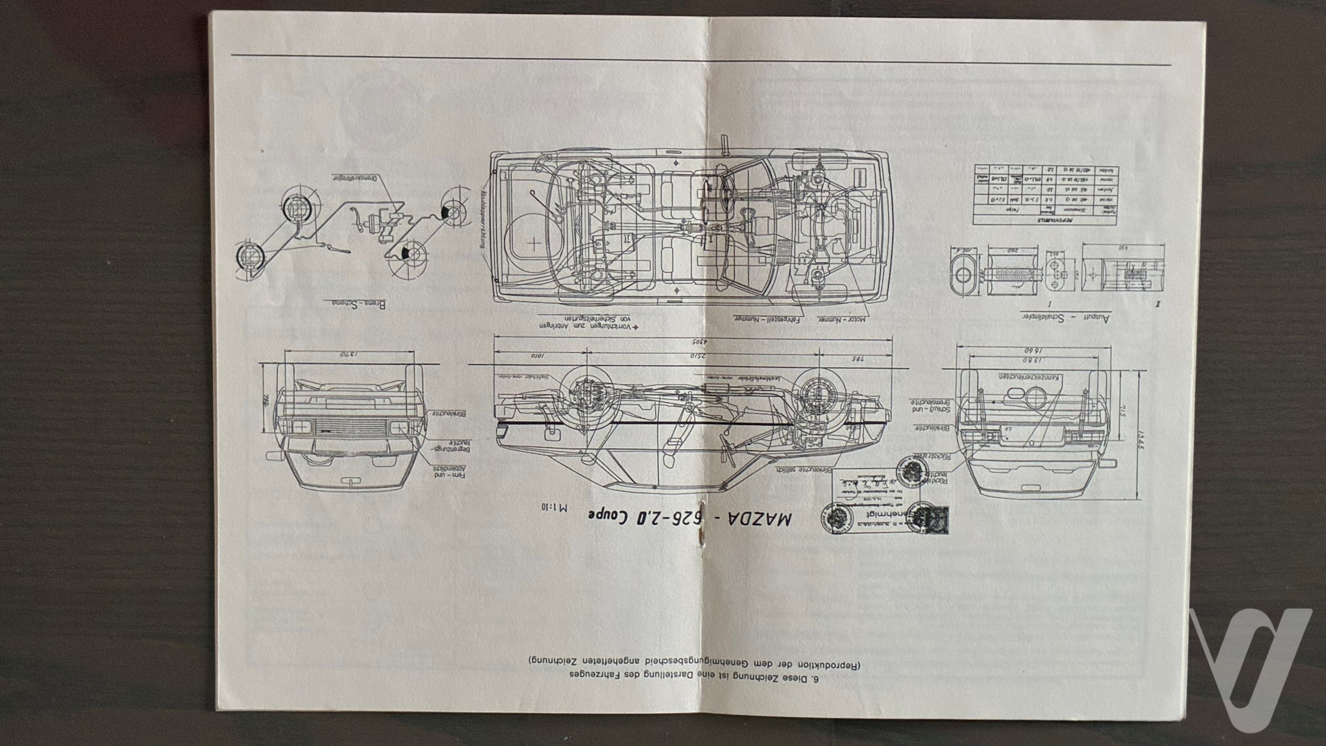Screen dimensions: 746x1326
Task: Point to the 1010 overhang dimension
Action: [538, 357]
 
